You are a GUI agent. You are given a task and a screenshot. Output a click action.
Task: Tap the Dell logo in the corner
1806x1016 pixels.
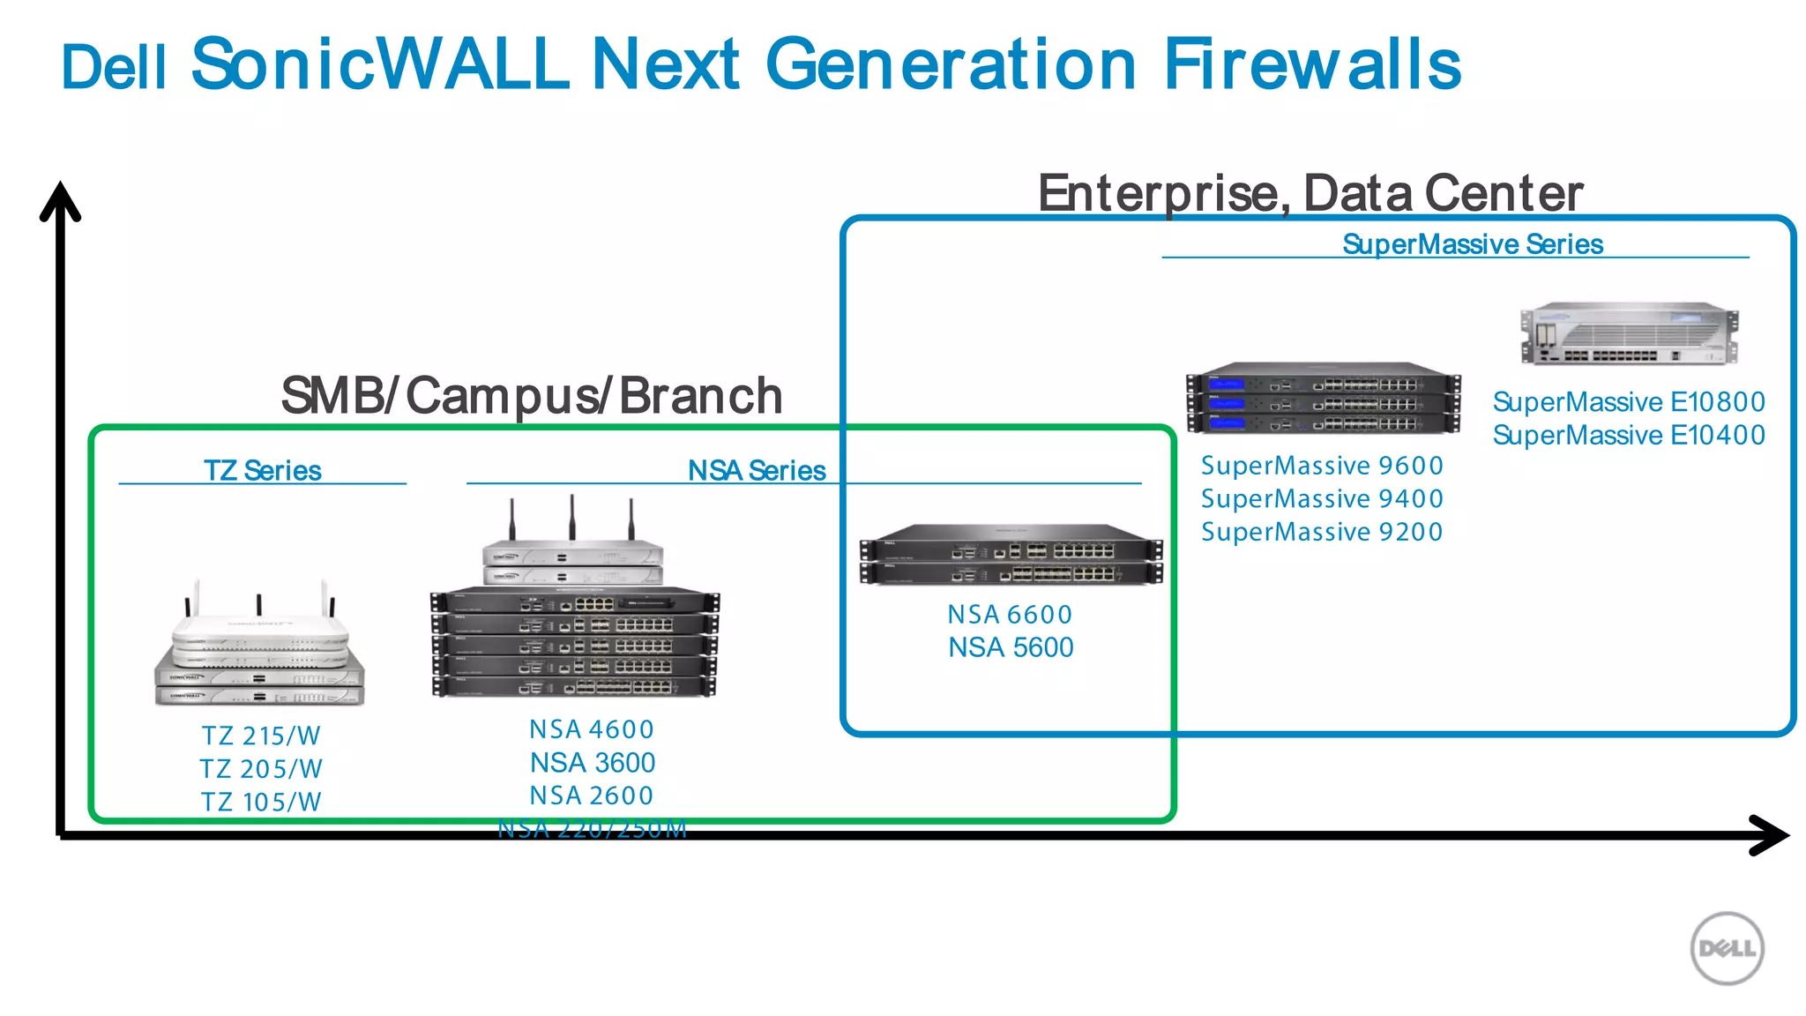1727,948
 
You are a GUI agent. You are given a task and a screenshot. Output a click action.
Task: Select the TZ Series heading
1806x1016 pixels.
262,471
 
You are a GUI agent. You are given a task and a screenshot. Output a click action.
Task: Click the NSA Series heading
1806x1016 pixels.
757,471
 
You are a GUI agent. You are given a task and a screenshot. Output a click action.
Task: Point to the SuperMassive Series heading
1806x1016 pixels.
1472,244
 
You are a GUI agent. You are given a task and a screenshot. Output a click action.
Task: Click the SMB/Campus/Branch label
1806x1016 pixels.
532,396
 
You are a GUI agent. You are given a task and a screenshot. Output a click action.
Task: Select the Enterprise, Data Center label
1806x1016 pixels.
1310,193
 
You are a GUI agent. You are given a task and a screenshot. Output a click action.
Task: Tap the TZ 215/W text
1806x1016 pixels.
261,736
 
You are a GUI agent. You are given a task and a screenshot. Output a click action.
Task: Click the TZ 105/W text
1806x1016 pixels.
261,802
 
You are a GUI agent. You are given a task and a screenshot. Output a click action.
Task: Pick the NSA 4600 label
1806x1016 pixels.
592,729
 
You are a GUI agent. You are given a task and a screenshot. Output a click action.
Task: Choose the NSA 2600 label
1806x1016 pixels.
592,796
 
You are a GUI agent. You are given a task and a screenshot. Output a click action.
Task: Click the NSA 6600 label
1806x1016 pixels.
1010,615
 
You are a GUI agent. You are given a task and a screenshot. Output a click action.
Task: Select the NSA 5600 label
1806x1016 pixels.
1011,647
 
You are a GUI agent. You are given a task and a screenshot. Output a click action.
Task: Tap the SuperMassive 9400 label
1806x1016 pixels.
1322,499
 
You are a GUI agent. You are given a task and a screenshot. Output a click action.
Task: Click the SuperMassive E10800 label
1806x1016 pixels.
1628,402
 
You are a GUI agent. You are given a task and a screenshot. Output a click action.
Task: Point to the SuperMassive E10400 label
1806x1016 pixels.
1628,435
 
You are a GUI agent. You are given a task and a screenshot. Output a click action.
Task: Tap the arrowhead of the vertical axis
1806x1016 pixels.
60,198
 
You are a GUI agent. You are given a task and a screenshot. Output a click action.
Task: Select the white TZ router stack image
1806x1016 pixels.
259,648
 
